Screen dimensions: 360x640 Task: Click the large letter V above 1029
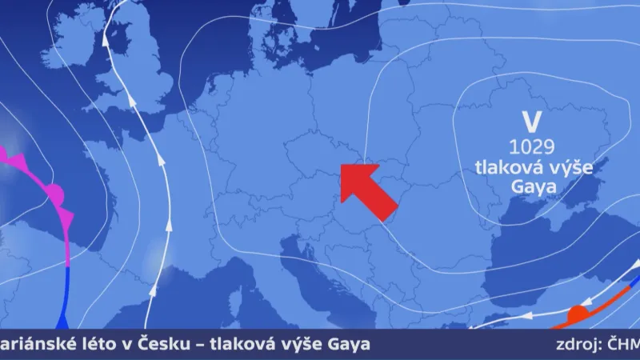click(x=527, y=122)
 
